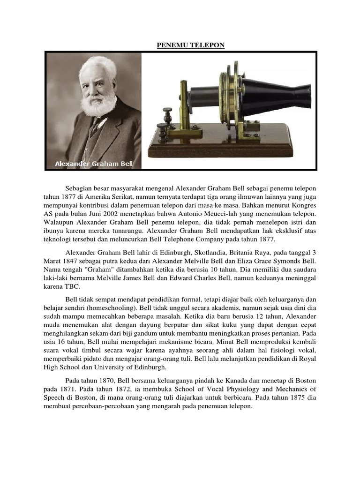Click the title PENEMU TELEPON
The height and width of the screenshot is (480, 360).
190,45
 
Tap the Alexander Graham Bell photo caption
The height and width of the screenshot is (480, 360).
95,164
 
